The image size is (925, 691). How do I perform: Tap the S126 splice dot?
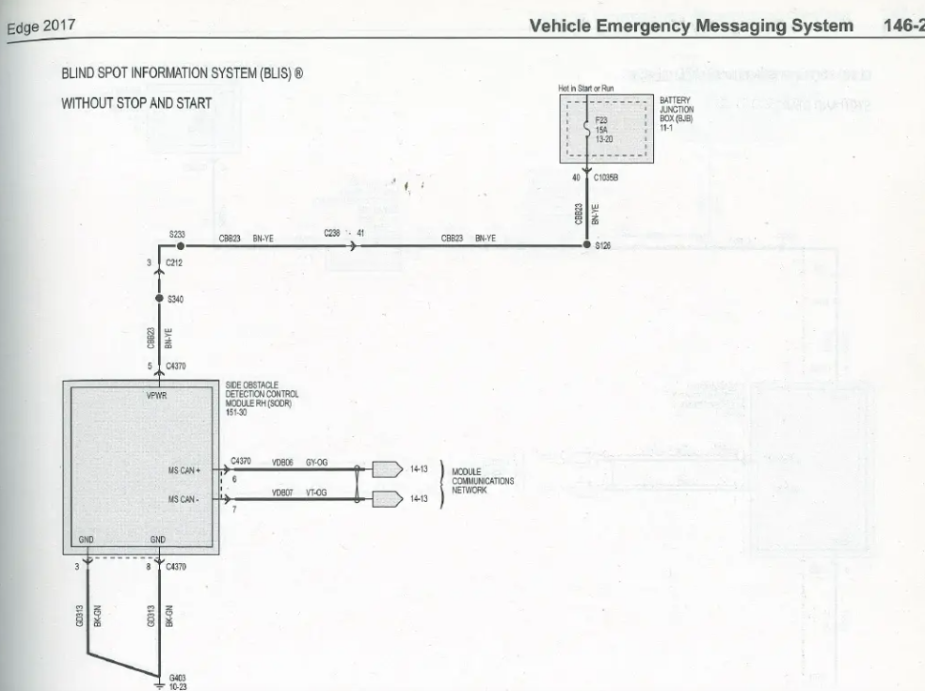[585, 245]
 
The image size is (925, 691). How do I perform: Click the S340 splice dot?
[159, 299]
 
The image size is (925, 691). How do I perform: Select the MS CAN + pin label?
[186, 470]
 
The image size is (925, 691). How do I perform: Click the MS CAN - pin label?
[186, 499]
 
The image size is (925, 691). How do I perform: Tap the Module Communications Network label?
[483, 480]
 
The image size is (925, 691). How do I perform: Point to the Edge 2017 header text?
[39, 26]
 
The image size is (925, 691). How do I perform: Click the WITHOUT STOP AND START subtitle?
[136, 102]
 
